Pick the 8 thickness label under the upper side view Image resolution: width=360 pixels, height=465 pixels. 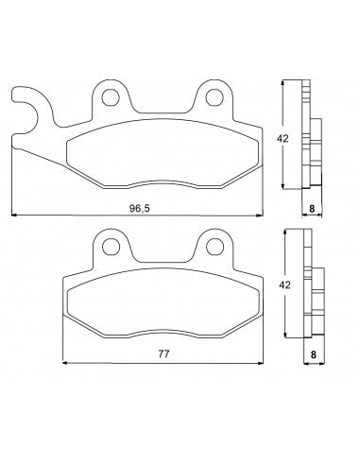311,209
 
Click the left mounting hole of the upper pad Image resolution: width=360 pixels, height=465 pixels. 111,97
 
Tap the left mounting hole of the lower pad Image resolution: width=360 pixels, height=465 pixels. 111,246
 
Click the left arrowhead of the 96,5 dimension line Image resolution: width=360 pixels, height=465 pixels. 12,216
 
